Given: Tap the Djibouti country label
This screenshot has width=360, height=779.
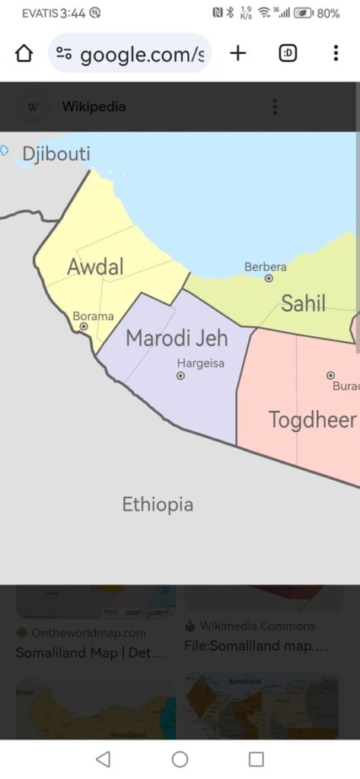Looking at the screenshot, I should (56, 154).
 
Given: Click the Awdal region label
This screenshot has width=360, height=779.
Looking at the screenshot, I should (95, 267).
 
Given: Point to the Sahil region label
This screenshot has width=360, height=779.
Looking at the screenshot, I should (303, 304).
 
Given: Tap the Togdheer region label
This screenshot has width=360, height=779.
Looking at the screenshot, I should (312, 419).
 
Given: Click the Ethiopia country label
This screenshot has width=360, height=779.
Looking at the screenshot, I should (158, 504).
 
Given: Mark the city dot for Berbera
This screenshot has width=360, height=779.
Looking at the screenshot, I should (269, 278).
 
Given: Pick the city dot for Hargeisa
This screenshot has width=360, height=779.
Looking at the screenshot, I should (180, 376).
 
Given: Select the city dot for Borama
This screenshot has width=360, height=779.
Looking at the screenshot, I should (84, 326).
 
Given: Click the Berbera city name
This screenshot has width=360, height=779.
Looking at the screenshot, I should (266, 267).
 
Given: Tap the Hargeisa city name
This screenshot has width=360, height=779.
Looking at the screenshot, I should (201, 363).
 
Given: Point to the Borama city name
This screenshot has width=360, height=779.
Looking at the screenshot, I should (93, 316).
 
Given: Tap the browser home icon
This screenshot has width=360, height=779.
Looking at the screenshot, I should (24, 53).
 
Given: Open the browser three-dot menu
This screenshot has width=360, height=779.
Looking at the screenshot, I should (335, 53).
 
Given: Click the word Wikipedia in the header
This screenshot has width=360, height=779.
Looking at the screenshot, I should (94, 107).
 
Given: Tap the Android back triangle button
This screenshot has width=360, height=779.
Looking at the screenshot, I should (103, 758).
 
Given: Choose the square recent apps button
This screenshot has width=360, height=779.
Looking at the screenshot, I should (256, 758).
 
